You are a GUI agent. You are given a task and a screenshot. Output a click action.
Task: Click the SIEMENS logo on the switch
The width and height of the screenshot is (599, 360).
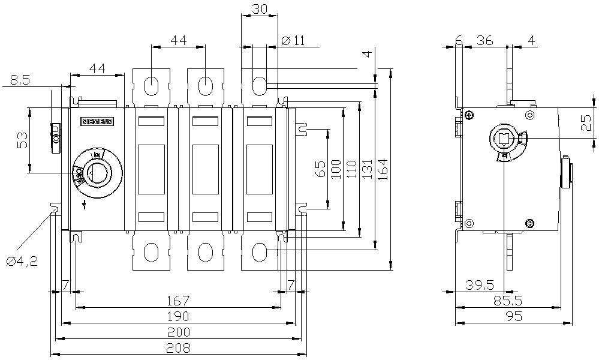click(x=96, y=122)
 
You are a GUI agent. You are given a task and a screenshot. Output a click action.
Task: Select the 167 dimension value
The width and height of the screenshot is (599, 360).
click(x=179, y=300)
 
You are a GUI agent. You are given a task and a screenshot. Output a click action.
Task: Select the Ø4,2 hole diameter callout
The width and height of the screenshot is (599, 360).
click(x=22, y=262)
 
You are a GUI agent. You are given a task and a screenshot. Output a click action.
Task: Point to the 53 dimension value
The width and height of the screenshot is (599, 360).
click(x=22, y=140)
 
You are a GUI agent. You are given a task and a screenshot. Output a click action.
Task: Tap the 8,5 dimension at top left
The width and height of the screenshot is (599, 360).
click(x=20, y=80)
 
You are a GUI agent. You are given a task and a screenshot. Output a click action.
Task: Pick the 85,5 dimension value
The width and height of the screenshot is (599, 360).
click(x=507, y=299)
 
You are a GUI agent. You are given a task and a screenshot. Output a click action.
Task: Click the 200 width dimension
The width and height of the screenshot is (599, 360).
click(x=179, y=332)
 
